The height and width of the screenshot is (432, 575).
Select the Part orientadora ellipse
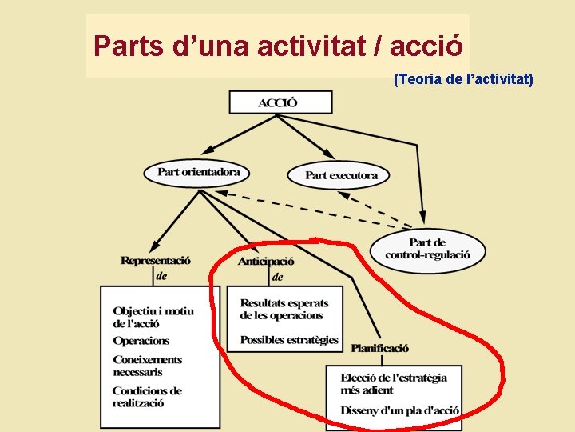click(x=198, y=172)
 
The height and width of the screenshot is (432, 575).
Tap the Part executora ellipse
click(x=341, y=174)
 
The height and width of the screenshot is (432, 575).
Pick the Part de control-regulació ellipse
click(x=427, y=249)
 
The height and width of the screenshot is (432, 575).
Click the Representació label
click(x=156, y=260)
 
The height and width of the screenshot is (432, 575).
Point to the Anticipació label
click(x=266, y=261)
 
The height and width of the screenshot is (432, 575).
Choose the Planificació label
click(x=379, y=348)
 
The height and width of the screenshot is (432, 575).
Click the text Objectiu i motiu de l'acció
click(x=153, y=317)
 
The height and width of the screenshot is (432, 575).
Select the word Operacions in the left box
click(x=141, y=341)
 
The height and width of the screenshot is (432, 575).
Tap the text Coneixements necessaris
click(x=148, y=366)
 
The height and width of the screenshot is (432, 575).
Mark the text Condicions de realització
click(x=147, y=397)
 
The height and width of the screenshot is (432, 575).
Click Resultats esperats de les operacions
click(x=284, y=309)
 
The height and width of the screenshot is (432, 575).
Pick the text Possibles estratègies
click(x=289, y=340)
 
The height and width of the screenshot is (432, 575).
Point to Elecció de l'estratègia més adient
click(x=394, y=383)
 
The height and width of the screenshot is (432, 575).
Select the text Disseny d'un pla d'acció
click(x=399, y=410)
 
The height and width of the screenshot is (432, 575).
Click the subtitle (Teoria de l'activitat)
click(x=463, y=79)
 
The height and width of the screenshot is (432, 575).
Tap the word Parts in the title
click(x=128, y=46)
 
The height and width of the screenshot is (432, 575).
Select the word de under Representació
click(x=162, y=276)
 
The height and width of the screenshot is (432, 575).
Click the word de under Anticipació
click(x=278, y=277)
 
